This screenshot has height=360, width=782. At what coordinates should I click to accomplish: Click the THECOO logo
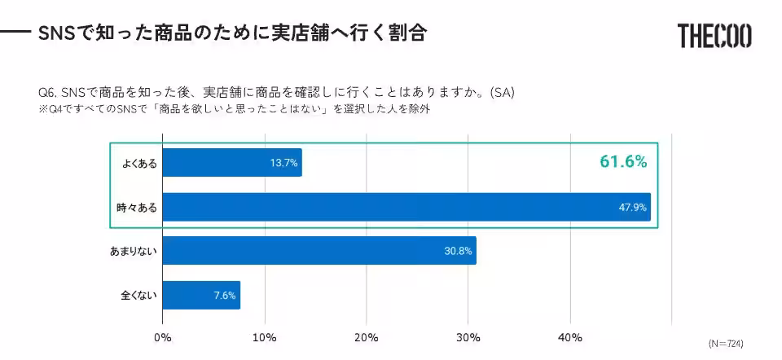tap(714, 36)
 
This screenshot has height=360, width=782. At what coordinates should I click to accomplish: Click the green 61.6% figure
tap(623, 162)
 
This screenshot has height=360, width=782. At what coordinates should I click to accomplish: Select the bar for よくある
tap(232, 163)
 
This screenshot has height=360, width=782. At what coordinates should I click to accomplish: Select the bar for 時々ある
tap(406, 207)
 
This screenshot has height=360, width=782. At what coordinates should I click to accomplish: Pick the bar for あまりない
tap(319, 251)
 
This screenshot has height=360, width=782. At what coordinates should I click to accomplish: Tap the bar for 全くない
tap(201, 295)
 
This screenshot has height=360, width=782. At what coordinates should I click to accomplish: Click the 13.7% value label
tap(284, 163)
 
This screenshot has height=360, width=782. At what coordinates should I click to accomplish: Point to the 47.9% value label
tap(632, 207)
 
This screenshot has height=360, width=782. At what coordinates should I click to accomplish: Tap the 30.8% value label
tap(458, 251)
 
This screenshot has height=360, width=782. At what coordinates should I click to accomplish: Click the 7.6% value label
tap(224, 295)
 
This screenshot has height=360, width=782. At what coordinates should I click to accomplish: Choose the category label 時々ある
tap(136, 207)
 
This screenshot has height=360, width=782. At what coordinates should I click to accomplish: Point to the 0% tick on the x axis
tap(163, 337)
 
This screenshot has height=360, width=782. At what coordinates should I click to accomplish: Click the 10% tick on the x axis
tap(265, 337)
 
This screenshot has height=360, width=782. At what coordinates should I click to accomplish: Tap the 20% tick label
tap(367, 337)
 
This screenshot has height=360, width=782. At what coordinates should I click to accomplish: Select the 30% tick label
tap(468, 337)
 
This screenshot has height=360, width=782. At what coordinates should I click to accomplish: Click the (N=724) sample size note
tap(725, 343)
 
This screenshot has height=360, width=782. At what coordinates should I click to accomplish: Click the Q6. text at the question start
tap(48, 92)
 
